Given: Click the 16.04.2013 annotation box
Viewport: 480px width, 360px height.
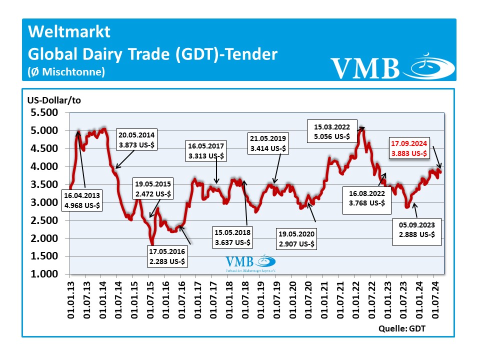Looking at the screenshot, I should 82,199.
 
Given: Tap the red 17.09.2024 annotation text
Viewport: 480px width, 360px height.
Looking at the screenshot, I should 409,149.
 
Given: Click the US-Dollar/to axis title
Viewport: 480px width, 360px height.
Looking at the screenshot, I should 54,100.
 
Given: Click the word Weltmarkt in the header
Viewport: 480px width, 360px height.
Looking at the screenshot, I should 69,32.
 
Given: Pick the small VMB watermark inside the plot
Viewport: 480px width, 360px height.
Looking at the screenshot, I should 250,263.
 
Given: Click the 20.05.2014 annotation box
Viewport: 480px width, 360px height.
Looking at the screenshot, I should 136,139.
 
